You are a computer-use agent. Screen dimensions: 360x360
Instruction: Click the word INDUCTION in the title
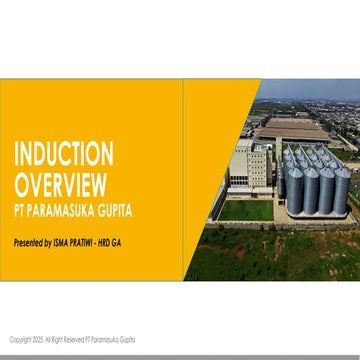[x=63, y=153]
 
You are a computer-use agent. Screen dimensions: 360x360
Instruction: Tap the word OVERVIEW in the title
[x=60, y=183]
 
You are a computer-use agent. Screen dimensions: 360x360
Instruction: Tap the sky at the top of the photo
[x=310, y=88]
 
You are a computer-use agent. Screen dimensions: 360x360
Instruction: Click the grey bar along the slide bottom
[x=180, y=356]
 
